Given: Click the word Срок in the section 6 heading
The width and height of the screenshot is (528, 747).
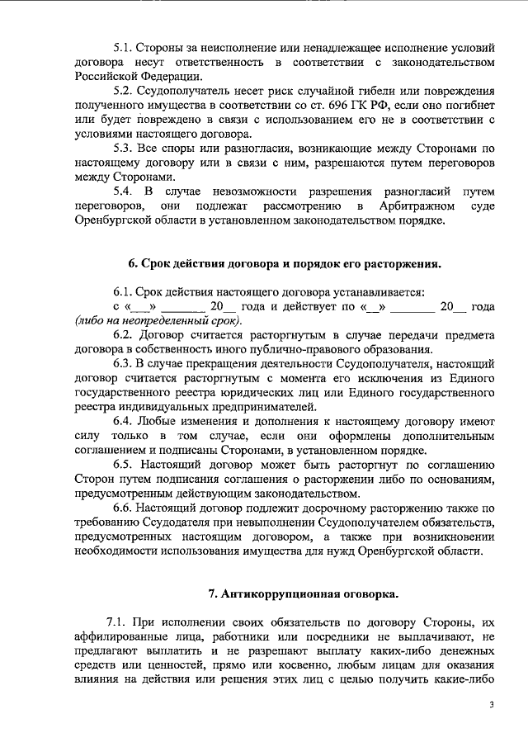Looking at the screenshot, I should coord(161,264).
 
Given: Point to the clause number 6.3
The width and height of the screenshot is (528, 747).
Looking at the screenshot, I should coord(122,362).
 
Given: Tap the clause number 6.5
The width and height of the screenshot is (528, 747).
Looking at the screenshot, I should coord(122,466).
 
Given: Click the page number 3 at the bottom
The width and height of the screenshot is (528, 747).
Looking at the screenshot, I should coord(491,705).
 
